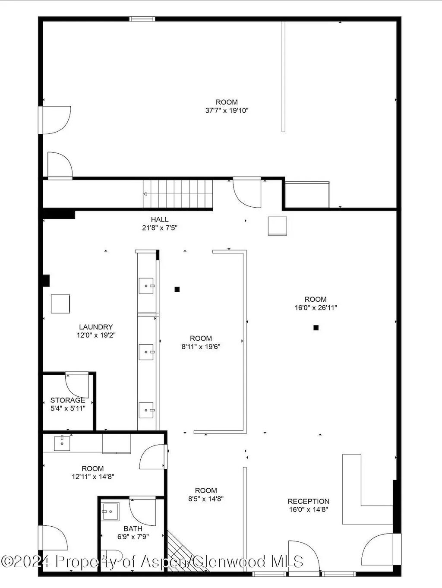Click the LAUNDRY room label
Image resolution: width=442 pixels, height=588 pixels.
tap(96, 327)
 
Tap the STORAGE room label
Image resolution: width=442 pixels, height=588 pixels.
tap(68, 400)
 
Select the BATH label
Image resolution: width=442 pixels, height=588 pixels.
tap(133, 528)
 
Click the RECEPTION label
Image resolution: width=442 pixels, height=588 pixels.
tap(308, 501)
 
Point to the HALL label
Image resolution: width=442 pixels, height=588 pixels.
tap(160, 219)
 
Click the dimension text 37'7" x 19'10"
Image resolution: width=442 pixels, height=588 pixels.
tap(227, 111)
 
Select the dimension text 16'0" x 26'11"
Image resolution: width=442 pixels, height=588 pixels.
tap(315, 308)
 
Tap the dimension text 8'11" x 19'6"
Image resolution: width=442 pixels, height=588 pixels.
tap(201, 346)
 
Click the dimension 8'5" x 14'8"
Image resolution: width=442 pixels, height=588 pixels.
tap(206, 499)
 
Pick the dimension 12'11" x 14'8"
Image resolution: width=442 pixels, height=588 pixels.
tap(93, 477)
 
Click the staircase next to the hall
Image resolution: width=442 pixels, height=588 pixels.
tap(178, 194)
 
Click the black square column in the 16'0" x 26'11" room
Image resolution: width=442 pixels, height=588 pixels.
tap(316, 328)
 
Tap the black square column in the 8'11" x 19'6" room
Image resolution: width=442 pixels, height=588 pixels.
tap(177, 289)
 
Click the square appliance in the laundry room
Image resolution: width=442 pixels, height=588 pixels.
tap(60, 303)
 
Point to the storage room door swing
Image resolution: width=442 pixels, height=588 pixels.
tap(78, 386)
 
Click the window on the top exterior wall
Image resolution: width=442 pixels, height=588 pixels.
tap(142, 19)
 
